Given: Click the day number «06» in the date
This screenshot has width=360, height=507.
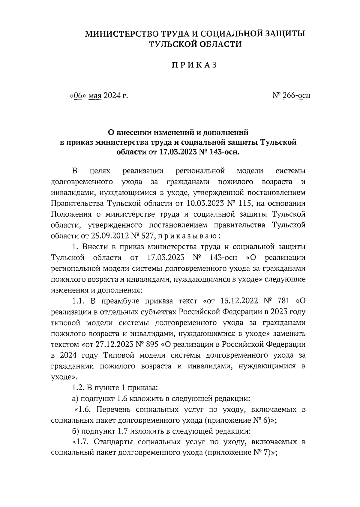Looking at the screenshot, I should pyautogui.click(x=78, y=96).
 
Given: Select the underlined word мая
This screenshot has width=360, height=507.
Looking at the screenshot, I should pyautogui.click(x=95, y=96).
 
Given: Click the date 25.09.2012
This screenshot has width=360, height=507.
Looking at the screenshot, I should pyautogui.click(x=111, y=236).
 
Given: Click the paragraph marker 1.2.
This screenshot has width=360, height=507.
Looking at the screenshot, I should pyautogui.click(x=79, y=388).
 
